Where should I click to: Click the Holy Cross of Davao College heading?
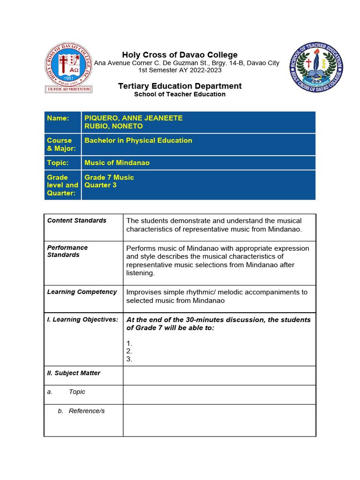180,55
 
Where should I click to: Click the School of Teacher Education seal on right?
316,67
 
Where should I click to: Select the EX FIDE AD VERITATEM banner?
68,89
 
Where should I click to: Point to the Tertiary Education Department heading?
180,86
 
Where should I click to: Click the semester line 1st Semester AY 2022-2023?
180,70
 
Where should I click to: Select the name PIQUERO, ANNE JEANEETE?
133,118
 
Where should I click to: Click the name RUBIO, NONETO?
113,126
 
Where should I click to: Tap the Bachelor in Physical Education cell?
138,140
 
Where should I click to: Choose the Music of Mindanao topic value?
117,163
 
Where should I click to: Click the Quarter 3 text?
100,185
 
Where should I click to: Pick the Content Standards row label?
77,220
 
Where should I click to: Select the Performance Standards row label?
67,251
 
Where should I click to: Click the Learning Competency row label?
82,292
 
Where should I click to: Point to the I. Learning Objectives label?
82,319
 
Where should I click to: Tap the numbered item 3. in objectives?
129,359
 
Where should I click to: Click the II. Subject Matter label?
74,373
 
